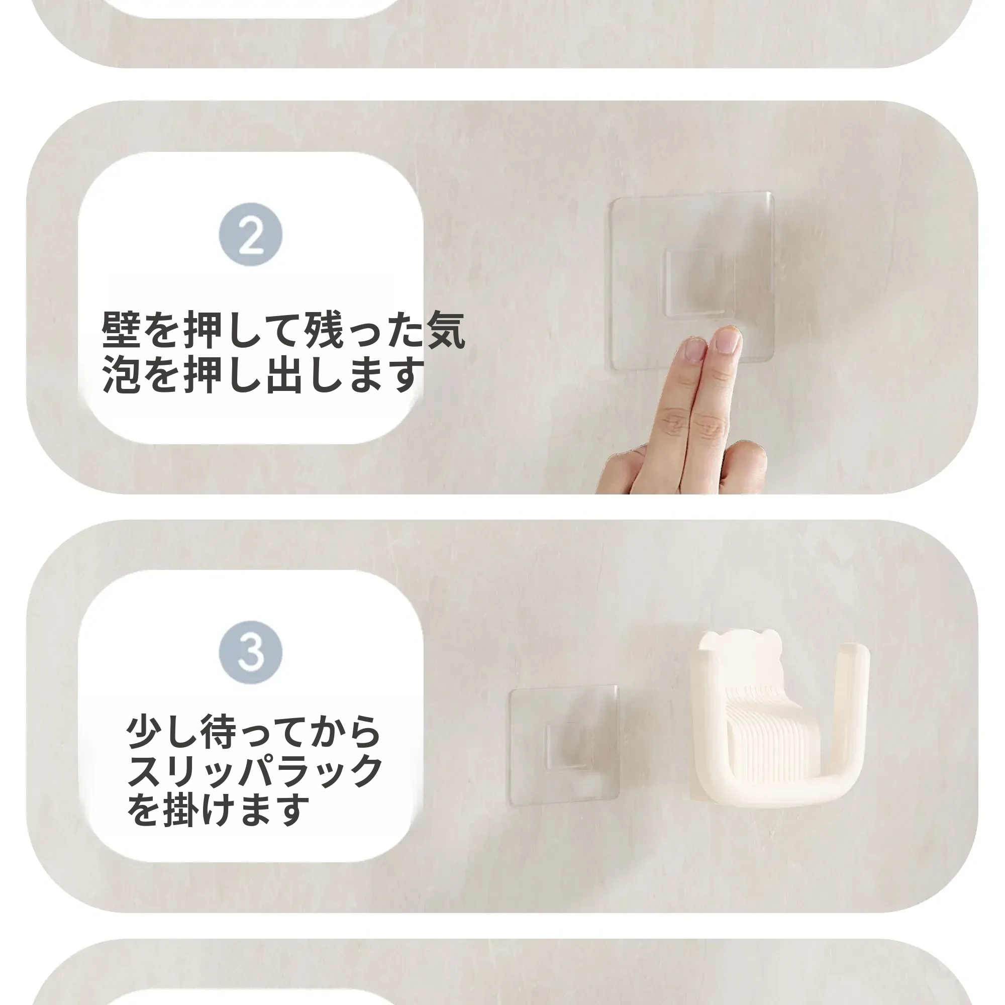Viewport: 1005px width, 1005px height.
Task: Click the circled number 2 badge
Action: [x=251, y=234]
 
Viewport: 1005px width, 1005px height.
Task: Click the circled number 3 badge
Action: [x=251, y=652]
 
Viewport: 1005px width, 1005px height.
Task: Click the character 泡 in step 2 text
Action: [x=122, y=374]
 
